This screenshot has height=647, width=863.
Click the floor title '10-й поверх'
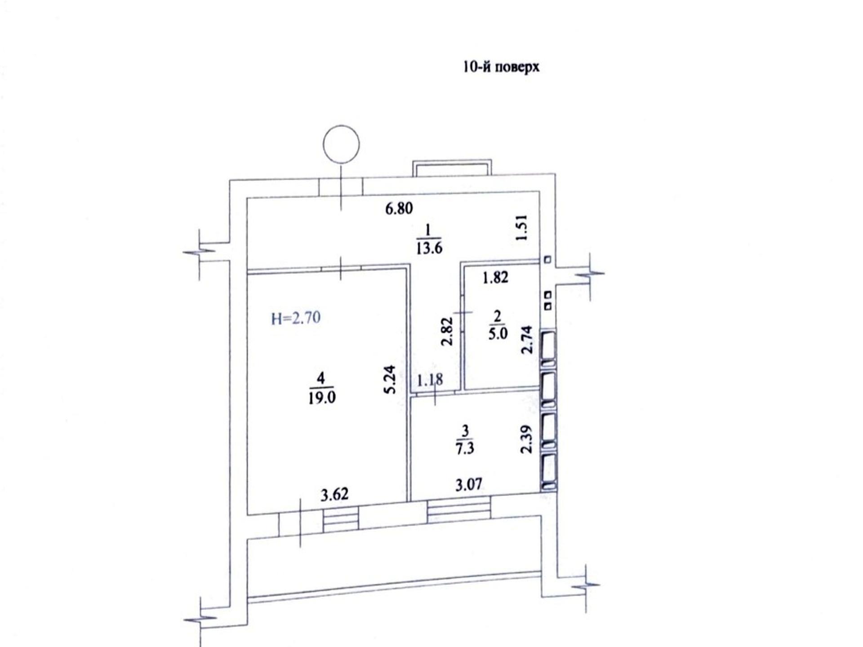[x=501, y=67]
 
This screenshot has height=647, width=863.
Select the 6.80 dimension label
[x=399, y=208]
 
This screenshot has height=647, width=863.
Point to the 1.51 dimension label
[x=521, y=228]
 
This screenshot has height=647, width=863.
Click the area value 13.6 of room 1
[x=429, y=248]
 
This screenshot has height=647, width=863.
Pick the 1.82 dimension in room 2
[x=495, y=277]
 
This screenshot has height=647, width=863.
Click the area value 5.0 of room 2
[x=498, y=334]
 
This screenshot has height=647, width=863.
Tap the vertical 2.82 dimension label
[x=447, y=332]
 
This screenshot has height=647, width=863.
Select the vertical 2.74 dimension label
[x=527, y=340]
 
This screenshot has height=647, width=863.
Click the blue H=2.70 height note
[x=296, y=318]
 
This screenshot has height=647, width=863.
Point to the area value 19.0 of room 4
[x=322, y=398]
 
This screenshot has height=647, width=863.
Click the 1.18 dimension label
[x=430, y=380]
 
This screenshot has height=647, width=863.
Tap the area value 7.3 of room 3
[x=465, y=448]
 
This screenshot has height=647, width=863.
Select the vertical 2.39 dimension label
[x=526, y=439]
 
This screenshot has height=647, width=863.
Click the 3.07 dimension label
[x=469, y=484]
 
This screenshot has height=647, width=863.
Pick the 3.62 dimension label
[x=334, y=495]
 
